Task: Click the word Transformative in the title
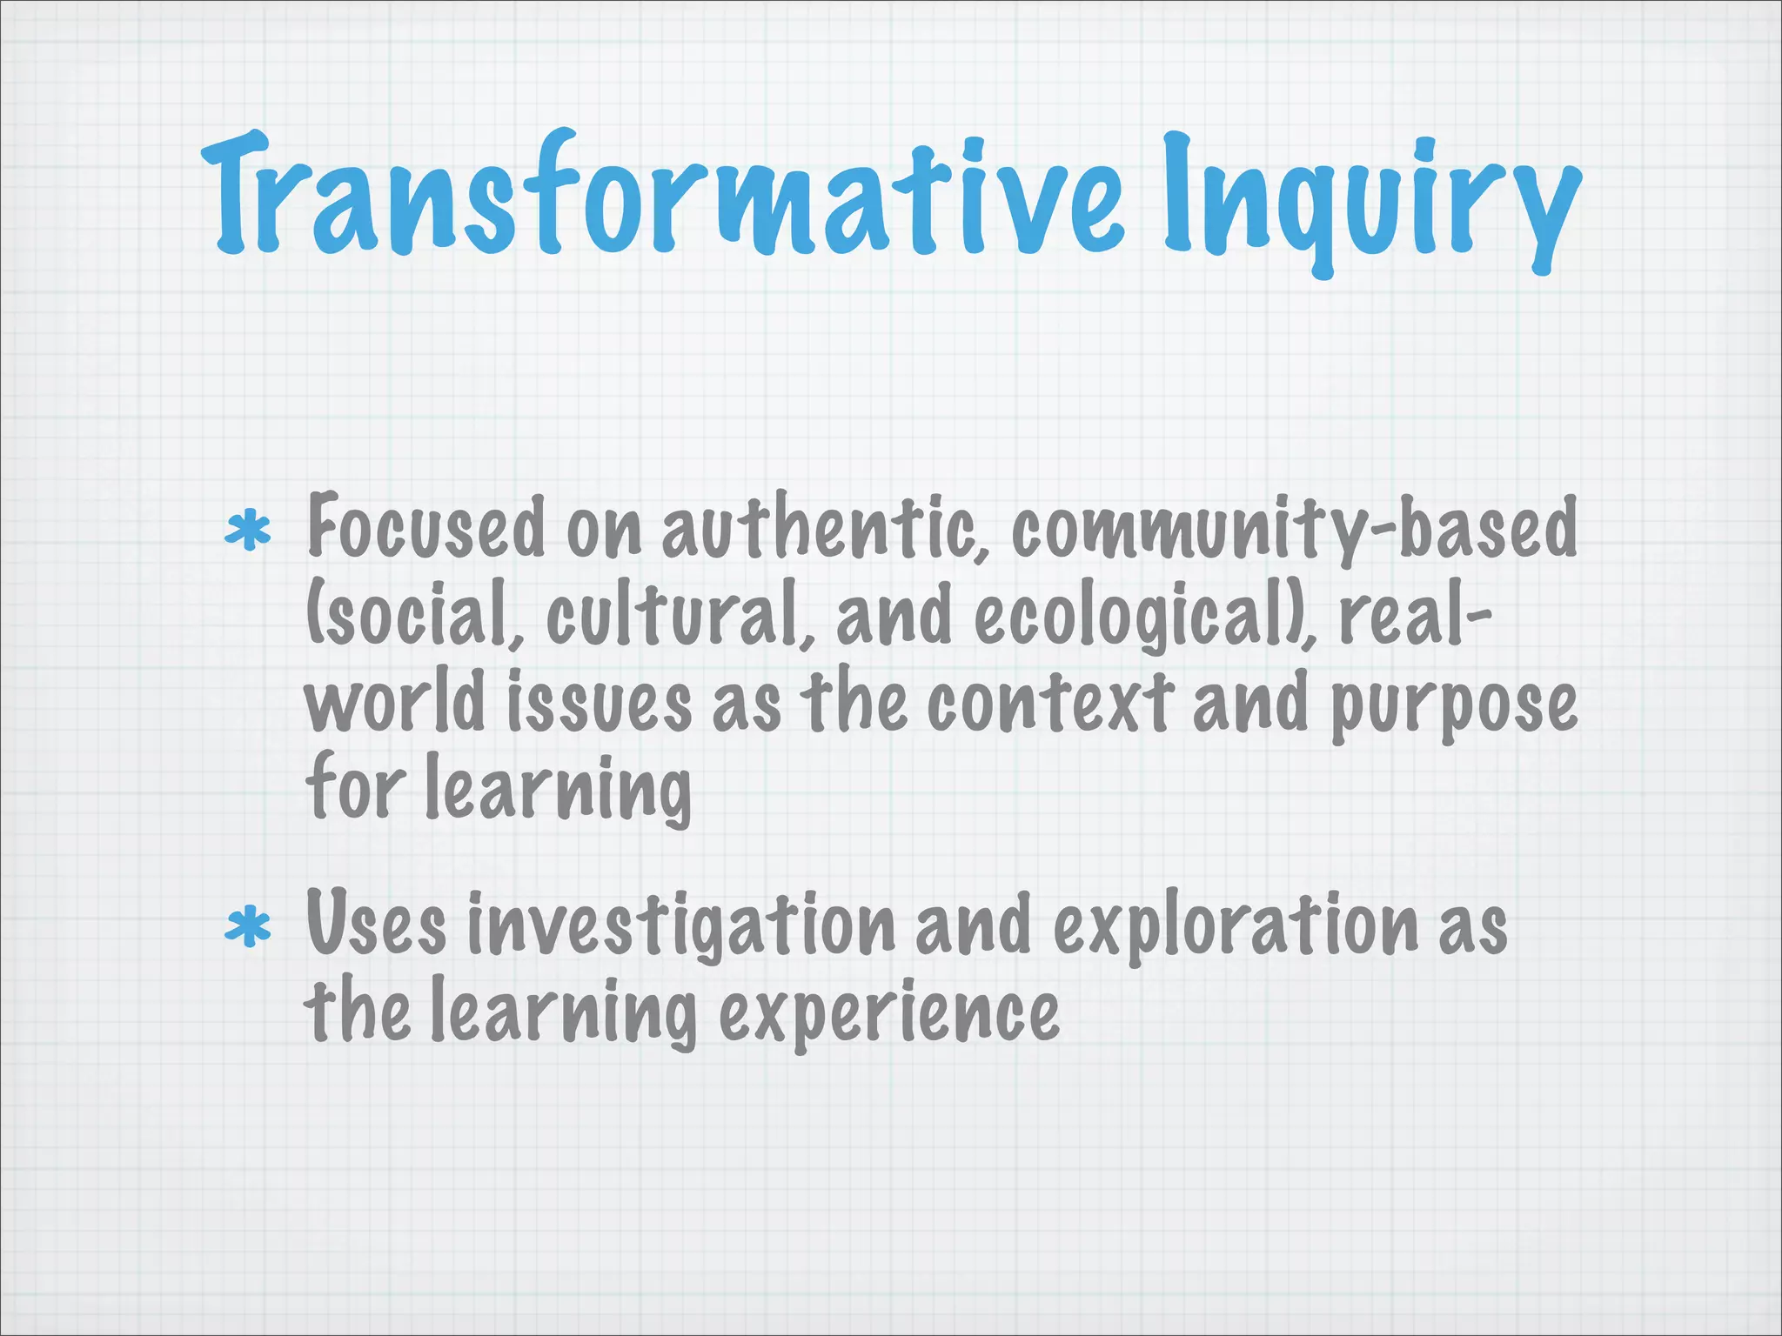(661, 196)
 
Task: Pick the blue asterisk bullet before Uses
(247, 927)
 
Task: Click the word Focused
(425, 527)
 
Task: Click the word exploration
(1236, 927)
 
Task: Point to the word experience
(888, 1014)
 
